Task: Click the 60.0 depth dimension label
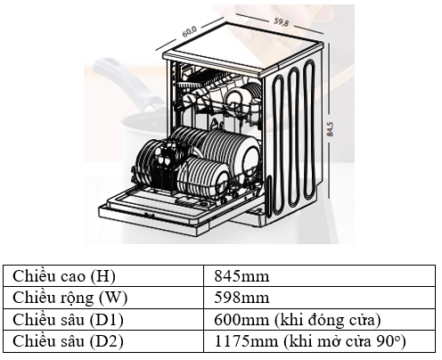[189, 31]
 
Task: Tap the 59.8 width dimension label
[281, 21]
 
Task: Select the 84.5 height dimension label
[330, 129]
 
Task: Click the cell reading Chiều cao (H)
[103, 275]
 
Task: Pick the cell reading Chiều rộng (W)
[103, 298]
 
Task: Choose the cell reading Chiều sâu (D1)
[103, 319]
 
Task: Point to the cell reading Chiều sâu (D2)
[103, 341]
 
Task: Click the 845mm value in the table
[241, 276]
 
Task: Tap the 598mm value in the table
[241, 298]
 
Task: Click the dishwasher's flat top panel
[242, 47]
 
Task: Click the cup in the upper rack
[234, 99]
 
